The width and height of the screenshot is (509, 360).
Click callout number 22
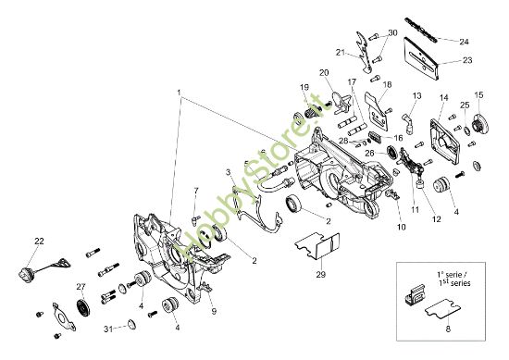pos(38,242)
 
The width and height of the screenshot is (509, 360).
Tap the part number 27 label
pos(81,287)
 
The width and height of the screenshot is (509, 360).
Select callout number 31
pos(108,329)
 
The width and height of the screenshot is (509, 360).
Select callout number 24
pos(465,41)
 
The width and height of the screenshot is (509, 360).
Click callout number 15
pos(479,95)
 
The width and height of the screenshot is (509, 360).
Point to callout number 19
pos(303,87)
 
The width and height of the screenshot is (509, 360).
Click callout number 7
pos(196,191)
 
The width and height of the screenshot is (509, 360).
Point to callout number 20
pos(324,74)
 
